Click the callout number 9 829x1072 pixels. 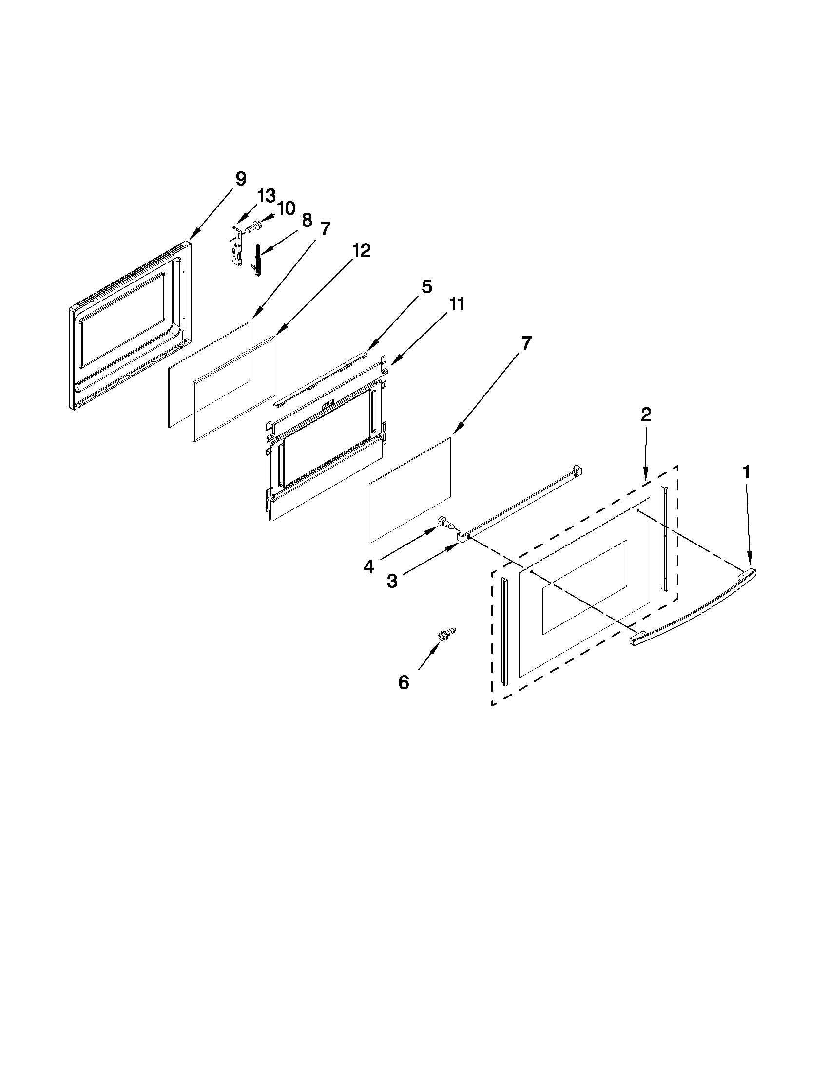(x=240, y=179)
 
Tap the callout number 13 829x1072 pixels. (x=267, y=196)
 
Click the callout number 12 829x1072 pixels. (x=361, y=251)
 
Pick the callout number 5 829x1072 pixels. (x=426, y=287)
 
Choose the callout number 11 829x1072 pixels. (x=456, y=304)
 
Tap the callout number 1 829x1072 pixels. (x=746, y=472)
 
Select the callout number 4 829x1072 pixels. (x=368, y=567)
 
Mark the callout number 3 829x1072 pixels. (x=392, y=581)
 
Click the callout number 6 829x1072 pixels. (x=404, y=682)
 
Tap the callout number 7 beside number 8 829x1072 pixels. (x=325, y=229)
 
